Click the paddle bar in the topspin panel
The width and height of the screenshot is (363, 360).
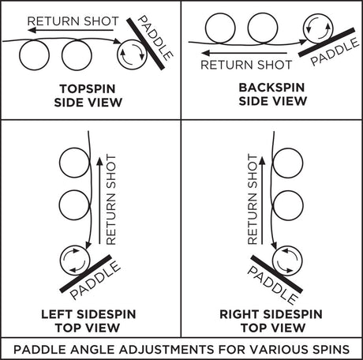pyautogui.click(x=145, y=44)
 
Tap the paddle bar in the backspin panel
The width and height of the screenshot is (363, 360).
pyautogui.click(x=327, y=43)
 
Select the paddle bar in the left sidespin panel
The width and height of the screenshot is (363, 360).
pyautogui.click(x=85, y=274)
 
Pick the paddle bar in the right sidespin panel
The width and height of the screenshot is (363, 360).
pyautogui.click(x=276, y=274)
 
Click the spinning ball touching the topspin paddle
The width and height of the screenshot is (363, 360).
pyautogui.click(x=132, y=54)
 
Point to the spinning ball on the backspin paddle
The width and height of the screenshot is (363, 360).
pyautogui.click(x=318, y=28)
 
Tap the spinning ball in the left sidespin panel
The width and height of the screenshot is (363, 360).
pyautogui.click(x=75, y=261)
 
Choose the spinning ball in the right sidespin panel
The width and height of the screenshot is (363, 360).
pyautogui.click(x=287, y=261)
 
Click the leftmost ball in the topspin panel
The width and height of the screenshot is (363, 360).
pyautogui.click(x=34, y=55)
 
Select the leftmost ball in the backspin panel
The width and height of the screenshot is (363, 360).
pyautogui.click(x=220, y=28)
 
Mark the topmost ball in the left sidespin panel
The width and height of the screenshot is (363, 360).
pyautogui.click(x=75, y=163)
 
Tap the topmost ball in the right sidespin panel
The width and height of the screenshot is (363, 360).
pyautogui.click(x=288, y=163)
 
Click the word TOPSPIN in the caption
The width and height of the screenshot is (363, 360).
pyautogui.click(x=88, y=89)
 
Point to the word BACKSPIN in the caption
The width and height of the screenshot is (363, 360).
pyautogui.click(x=271, y=88)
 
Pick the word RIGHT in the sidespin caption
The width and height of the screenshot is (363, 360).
pyautogui.click(x=239, y=314)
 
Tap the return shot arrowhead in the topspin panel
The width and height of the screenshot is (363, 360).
pyautogui.click(x=32, y=30)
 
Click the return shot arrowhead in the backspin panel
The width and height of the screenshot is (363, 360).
pyautogui.click(x=206, y=53)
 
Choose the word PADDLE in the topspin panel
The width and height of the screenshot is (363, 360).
pyautogui.click(x=155, y=38)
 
